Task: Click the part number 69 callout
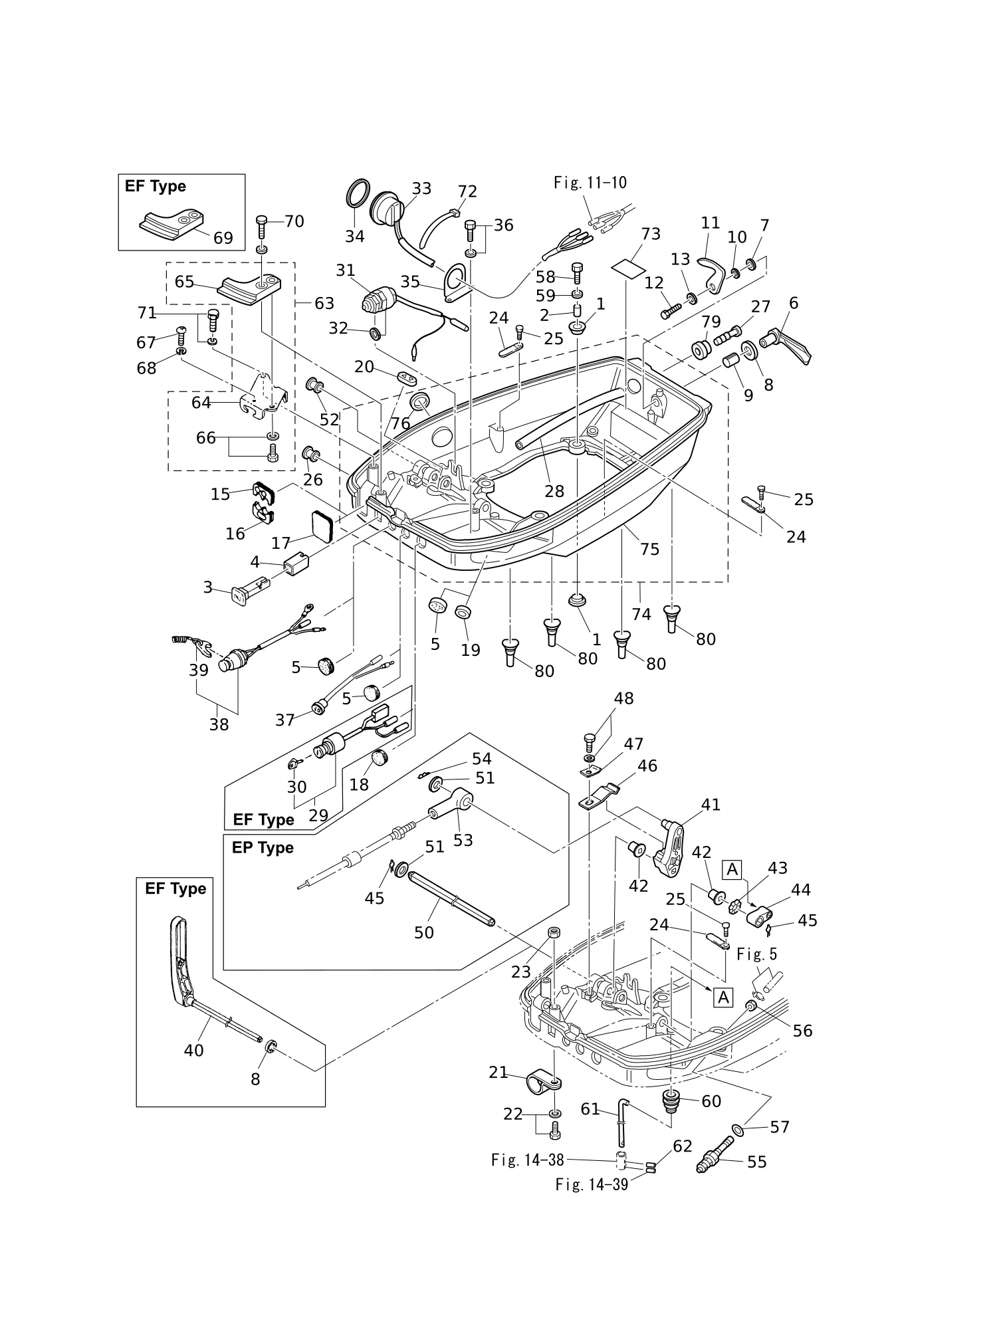[x=223, y=237]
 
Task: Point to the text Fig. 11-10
[x=590, y=182]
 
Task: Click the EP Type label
[x=263, y=848]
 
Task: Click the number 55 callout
[x=757, y=1162]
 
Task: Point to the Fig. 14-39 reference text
[x=592, y=1184]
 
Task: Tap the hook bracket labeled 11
[x=711, y=274]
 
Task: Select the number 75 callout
[x=650, y=549]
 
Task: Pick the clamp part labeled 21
[x=544, y=1084]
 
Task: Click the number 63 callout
[x=324, y=303]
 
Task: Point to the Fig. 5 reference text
[x=756, y=954]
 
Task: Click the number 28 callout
[x=554, y=491]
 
